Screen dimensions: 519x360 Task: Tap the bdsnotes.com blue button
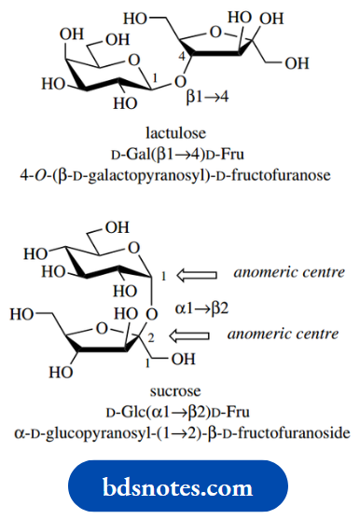(180, 487)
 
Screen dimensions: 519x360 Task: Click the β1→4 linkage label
(207, 95)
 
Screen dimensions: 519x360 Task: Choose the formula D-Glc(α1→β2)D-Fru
(180, 413)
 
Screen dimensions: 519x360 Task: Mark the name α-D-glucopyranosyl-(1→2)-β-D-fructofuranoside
(180, 431)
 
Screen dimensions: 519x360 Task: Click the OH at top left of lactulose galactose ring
(70, 35)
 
